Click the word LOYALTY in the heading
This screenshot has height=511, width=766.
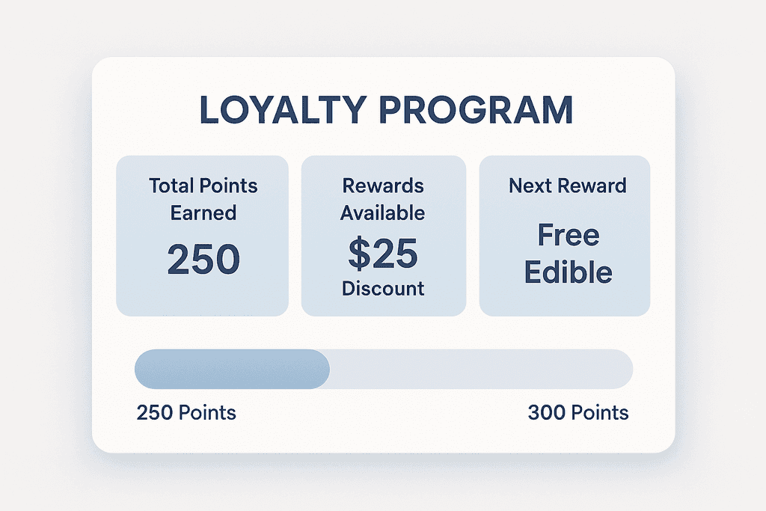coord(284,110)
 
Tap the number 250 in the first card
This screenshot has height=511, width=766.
coord(203,259)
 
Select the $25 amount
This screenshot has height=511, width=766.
coord(383,254)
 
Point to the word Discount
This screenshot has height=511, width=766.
coord(383,288)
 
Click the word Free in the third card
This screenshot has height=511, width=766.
coord(568,236)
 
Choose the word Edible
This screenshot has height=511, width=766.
coord(568,272)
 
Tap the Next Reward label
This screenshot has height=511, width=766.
coord(567,186)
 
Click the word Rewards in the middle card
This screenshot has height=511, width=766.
coord(383,186)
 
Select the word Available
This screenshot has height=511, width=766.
coord(383,212)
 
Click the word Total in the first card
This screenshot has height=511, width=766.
coord(173,186)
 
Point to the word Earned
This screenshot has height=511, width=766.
coord(203,212)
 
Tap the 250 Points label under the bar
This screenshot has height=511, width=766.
coord(186,412)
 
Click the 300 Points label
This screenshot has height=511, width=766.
coord(577,412)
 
